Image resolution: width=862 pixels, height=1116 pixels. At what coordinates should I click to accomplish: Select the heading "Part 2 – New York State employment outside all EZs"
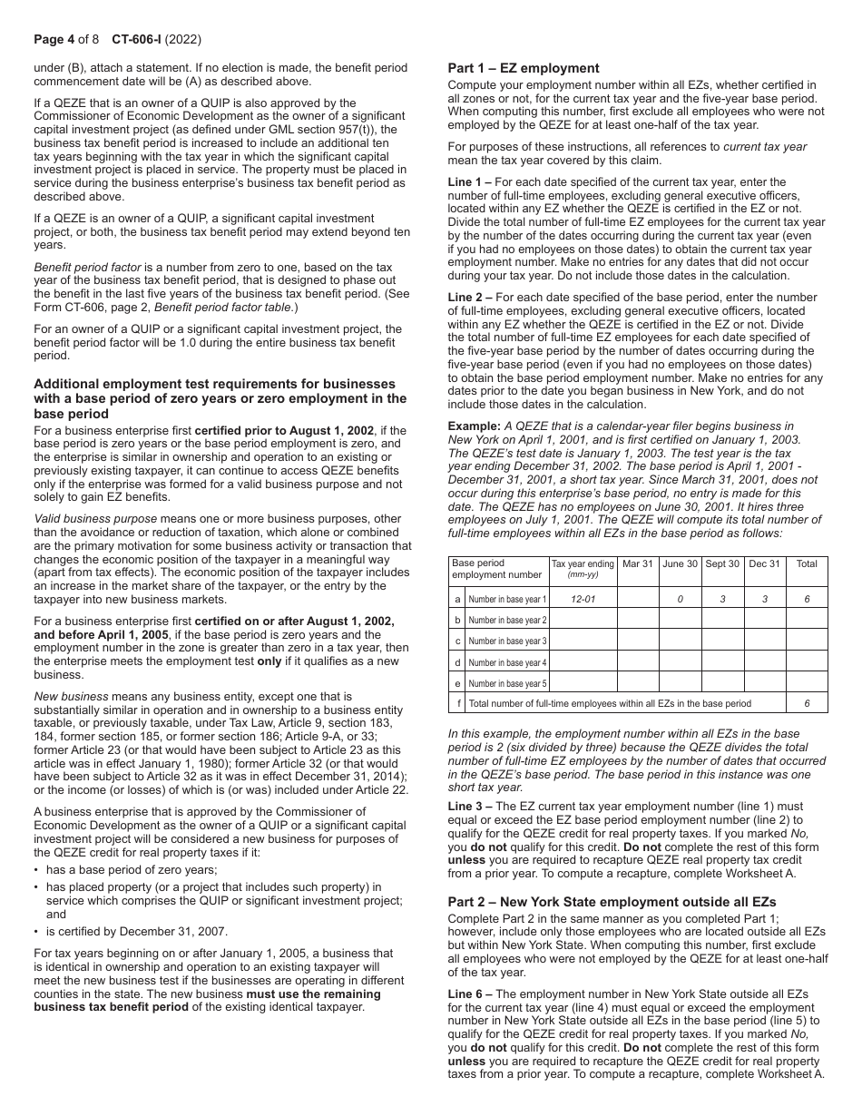(612, 902)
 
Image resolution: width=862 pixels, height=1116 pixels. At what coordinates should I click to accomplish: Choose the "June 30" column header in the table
(680, 563)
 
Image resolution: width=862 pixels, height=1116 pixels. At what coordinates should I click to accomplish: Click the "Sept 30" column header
(722, 563)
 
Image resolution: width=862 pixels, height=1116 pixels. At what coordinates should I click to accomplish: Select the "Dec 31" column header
(764, 563)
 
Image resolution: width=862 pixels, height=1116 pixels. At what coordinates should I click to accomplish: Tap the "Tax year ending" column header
(583, 563)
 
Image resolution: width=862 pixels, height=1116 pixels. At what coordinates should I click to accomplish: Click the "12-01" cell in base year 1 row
(583, 599)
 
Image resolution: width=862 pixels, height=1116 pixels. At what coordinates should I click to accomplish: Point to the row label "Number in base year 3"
(507, 641)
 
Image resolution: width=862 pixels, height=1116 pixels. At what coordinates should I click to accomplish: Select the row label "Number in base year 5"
(507, 683)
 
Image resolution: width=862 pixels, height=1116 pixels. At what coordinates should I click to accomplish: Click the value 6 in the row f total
(806, 703)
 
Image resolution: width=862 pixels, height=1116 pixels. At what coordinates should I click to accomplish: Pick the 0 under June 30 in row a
(680, 599)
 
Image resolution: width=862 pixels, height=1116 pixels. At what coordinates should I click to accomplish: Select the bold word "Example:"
(474, 426)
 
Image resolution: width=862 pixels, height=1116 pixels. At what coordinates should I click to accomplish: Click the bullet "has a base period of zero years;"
(132, 869)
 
